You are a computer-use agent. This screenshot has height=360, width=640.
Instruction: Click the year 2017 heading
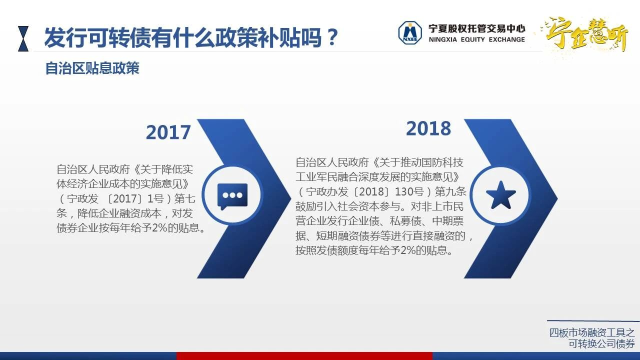point(168,132)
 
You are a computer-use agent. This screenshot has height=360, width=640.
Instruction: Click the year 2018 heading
point(428,128)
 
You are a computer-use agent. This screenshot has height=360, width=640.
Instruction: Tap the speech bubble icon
point(232,196)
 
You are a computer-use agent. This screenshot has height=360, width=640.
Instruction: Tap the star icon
point(500,195)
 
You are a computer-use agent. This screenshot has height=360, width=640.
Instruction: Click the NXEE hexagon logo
point(410,33)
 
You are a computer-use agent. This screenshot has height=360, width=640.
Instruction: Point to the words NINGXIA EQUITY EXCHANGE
point(476,39)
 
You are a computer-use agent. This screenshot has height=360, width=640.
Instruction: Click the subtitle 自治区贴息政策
point(92,68)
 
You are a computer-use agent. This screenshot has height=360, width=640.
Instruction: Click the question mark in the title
point(332,37)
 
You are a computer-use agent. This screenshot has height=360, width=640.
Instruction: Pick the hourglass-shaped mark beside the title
point(23,38)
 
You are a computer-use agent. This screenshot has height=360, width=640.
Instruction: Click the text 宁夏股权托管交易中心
point(476,28)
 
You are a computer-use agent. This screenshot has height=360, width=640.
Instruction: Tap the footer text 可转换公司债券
point(601,343)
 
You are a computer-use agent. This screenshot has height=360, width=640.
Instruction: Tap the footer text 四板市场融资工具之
point(592,332)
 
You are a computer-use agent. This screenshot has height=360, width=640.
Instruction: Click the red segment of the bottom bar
point(304,356)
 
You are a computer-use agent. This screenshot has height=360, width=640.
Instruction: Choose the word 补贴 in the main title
point(279,37)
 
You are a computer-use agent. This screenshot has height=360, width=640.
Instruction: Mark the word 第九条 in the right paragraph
point(450,191)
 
